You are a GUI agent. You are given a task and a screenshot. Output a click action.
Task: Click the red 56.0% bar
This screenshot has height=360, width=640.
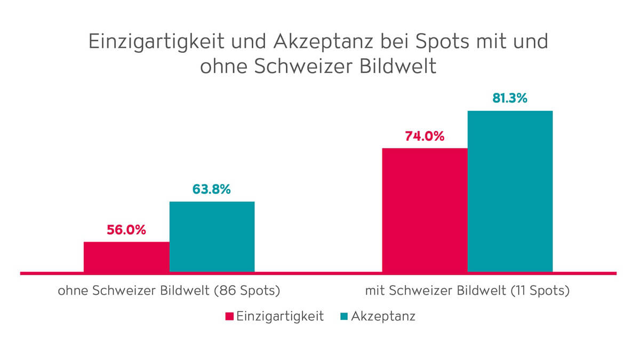(126, 257)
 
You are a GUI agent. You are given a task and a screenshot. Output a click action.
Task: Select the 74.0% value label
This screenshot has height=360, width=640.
(424, 136)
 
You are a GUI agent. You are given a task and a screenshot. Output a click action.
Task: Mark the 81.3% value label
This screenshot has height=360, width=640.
(509, 98)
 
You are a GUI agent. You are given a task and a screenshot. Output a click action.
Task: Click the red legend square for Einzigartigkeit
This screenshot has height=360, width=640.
(229, 316)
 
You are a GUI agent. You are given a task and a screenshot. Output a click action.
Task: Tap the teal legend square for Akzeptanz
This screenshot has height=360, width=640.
(344, 316)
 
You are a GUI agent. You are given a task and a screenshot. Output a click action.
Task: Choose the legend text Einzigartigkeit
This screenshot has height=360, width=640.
(280, 316)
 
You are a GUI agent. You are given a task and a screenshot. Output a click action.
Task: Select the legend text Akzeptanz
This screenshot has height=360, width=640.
(383, 316)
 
